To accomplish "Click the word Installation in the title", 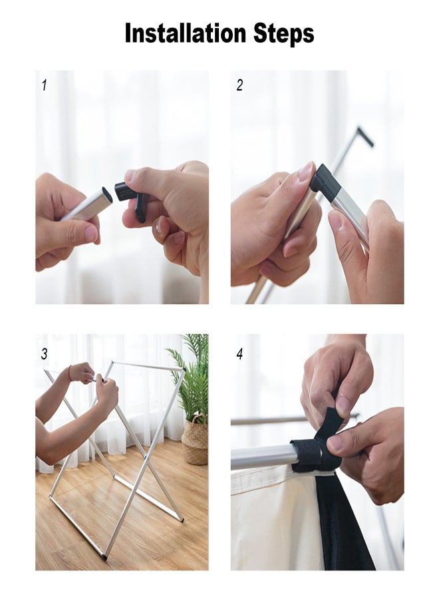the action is click(186, 33).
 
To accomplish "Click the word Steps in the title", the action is click(283, 35).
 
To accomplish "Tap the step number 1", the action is click(45, 85).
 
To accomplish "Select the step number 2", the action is click(239, 85).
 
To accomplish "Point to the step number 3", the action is click(45, 354).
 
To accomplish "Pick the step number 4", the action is click(239, 354).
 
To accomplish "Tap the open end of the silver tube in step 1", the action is click(107, 195).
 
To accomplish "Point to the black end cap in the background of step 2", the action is click(365, 136).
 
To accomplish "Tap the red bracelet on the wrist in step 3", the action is click(70, 373).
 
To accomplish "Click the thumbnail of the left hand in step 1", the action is click(90, 234).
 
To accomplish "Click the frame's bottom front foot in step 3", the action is click(104, 557).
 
